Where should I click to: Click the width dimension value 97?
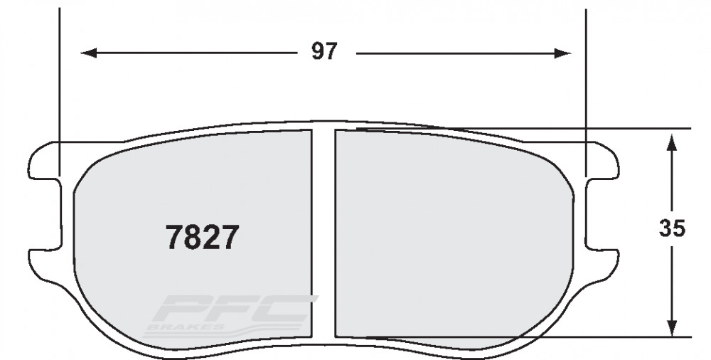[324, 51]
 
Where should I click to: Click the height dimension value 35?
[672, 228]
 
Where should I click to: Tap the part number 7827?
[202, 237]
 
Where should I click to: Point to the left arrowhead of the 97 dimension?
[89, 53]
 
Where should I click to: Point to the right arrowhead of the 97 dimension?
[562, 53]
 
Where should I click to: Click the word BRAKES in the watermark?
[185, 327]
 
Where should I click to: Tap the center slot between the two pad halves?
[324, 234]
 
